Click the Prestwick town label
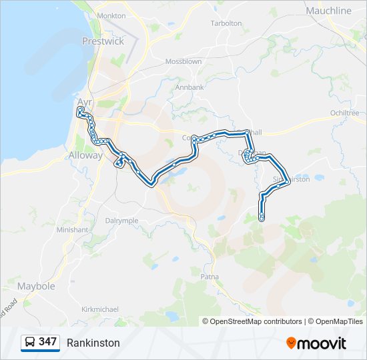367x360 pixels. pos(103,41)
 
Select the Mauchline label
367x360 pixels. pos(328,11)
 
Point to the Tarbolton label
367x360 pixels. pos(226,23)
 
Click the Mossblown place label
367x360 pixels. pos(183,61)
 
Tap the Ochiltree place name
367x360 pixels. pos(345,113)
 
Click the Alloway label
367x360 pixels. pos(86,155)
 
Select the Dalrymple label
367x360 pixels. pos(121,220)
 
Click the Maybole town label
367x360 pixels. pos(36,286)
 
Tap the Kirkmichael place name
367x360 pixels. pos(99,309)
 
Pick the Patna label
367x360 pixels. pos(210,275)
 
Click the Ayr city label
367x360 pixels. pos(85,102)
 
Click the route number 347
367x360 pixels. pos(47,341)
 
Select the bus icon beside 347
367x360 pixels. pos(31,342)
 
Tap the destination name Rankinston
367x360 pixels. pos(93,343)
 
